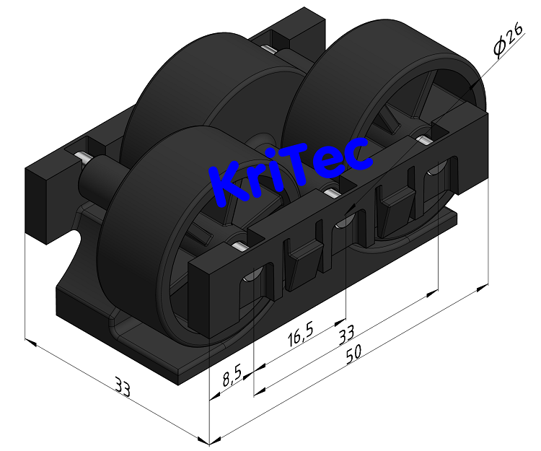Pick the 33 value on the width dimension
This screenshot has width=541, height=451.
click(123, 390)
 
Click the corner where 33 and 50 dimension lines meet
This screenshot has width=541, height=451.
click(208, 441)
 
